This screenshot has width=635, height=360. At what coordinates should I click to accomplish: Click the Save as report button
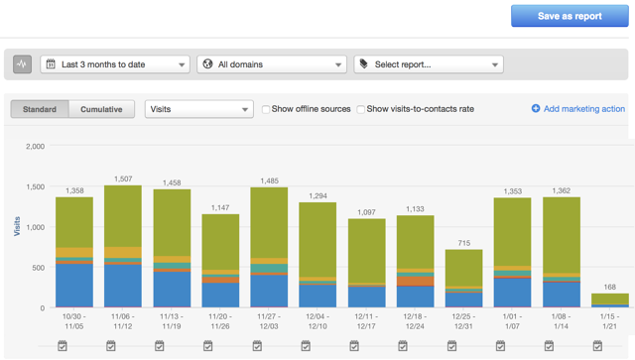coord(569,16)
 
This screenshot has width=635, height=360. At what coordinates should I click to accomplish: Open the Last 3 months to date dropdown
coord(115,64)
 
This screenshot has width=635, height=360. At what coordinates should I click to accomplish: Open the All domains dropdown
coord(271,64)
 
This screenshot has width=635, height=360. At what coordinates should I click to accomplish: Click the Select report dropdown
coord(428,64)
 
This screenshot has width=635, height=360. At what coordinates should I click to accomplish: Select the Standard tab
coord(40,109)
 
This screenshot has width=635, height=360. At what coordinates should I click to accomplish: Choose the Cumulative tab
coord(101,109)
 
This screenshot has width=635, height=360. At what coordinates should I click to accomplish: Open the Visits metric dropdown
coord(198,109)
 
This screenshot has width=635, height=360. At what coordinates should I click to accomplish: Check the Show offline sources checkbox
coord(266,109)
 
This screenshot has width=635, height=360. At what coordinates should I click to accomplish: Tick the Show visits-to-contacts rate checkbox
coord(361,109)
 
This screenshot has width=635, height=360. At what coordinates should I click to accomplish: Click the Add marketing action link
coord(578,109)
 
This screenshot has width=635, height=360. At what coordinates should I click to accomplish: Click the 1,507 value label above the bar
coord(123,180)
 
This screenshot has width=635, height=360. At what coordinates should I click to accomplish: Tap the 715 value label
coord(463,244)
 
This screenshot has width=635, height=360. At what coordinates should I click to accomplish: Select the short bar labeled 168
coord(609,300)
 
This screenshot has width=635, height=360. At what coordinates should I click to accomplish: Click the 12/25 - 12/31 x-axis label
coord(463,321)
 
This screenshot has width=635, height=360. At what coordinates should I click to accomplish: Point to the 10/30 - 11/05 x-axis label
coord(74,321)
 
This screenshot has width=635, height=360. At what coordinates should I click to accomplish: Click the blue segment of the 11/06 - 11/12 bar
coord(123,287)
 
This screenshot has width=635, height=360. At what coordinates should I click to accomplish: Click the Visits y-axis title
coord(17,227)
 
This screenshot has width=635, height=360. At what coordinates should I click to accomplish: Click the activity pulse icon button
coord(23,64)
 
